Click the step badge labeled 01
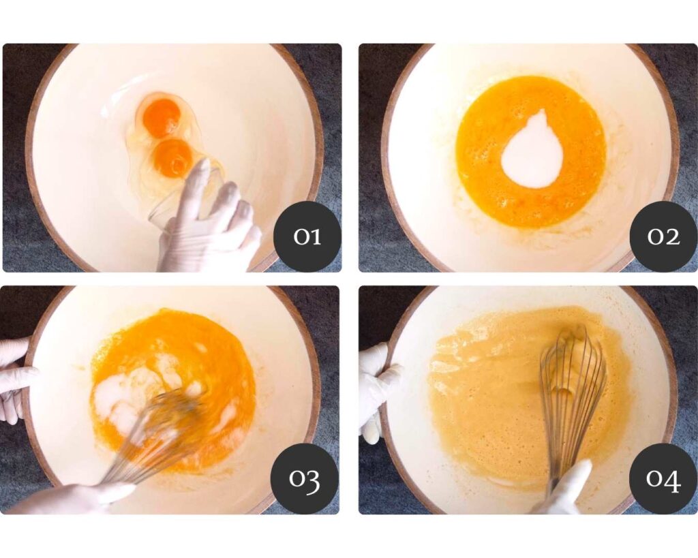[x=307, y=236]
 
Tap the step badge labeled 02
[x=663, y=236]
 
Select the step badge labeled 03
[x=305, y=478]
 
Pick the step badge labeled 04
[x=663, y=478]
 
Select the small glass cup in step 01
[x=178, y=196]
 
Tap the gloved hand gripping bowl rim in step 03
[x=16, y=378]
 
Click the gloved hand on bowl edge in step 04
[x=376, y=392]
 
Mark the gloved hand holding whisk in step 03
[x=67, y=498]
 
